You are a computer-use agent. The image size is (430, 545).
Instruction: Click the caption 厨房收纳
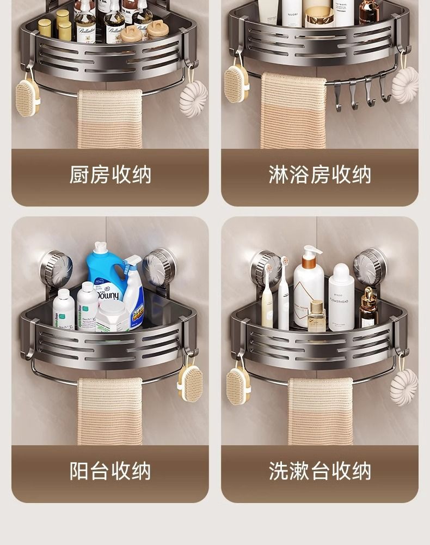pyautogui.click(x=110, y=175)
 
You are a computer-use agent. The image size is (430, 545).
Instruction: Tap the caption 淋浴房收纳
pyautogui.click(x=320, y=175)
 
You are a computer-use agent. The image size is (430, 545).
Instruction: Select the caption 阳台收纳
pyautogui.click(x=110, y=471)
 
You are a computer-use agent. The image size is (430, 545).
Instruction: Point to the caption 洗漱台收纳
pyautogui.click(x=320, y=471)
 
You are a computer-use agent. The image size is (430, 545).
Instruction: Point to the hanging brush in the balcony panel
pyautogui.click(x=191, y=383)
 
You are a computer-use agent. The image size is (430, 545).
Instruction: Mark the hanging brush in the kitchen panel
pyautogui.click(x=27, y=97)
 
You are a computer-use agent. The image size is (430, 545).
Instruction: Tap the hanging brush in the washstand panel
pyautogui.click(x=238, y=386)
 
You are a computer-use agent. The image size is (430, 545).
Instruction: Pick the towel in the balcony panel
pyautogui.click(x=109, y=411)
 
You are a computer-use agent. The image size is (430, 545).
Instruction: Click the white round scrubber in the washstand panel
pyautogui.click(x=404, y=387)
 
